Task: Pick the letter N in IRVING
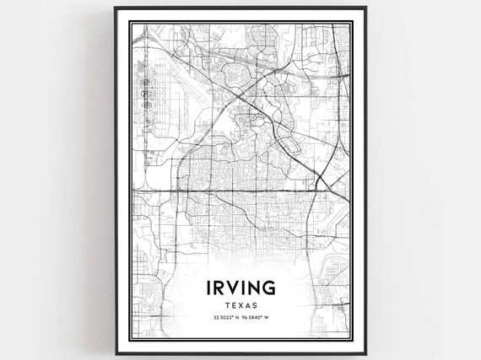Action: coord(258,289)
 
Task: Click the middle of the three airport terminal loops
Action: coord(149,94)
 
